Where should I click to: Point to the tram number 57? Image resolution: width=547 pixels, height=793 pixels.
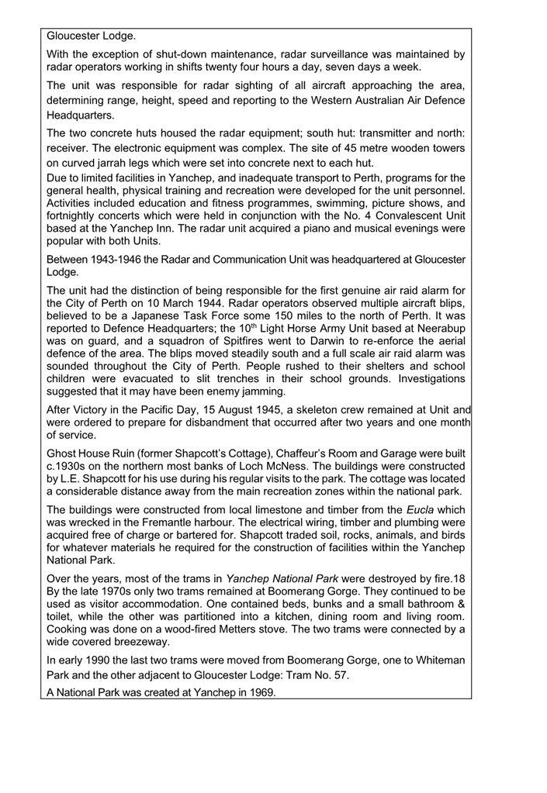(x=338, y=674)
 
